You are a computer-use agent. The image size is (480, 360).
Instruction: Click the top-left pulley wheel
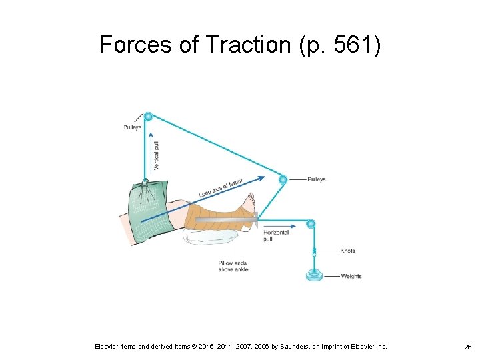click(x=148, y=117)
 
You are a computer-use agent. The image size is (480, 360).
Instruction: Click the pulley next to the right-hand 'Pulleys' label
click(x=283, y=179)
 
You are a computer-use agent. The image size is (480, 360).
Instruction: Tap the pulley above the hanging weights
click(x=311, y=224)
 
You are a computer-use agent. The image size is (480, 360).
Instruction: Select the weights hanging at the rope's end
click(x=312, y=275)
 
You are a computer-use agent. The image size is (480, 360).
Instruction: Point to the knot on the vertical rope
click(x=312, y=251)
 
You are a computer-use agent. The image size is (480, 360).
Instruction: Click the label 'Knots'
click(x=348, y=251)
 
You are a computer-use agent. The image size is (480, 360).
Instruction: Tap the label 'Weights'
click(x=351, y=276)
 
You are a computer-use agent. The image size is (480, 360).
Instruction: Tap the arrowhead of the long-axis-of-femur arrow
click(x=267, y=178)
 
